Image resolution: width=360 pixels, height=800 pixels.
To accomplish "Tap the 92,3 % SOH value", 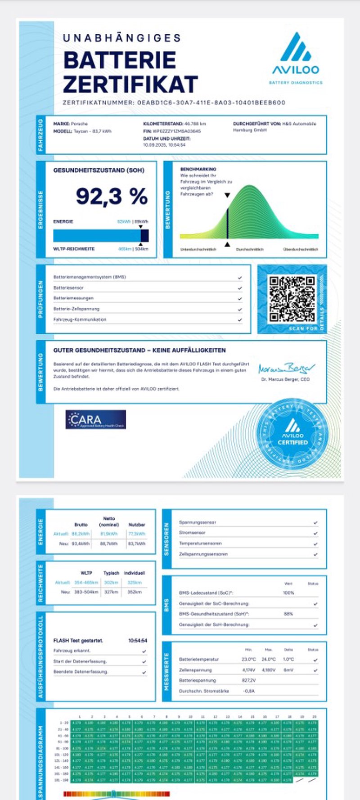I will [112, 196].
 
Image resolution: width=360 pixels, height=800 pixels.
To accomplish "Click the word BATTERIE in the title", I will [120, 60].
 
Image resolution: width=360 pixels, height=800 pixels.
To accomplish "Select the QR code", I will [292, 299].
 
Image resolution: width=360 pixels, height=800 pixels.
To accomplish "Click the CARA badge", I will [95, 419].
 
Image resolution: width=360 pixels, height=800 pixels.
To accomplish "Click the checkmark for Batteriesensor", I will [240, 288].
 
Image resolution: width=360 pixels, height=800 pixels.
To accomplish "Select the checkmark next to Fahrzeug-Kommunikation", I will [240, 320].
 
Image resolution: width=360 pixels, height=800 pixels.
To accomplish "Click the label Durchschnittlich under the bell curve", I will [250, 249].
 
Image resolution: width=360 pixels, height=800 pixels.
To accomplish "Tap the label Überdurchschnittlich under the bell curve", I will [301, 249].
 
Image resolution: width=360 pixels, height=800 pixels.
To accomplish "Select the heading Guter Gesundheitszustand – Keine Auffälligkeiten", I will [139, 350].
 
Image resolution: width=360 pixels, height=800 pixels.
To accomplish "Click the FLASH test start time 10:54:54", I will [138, 640].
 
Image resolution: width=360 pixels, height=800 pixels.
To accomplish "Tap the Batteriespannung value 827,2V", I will [249, 680].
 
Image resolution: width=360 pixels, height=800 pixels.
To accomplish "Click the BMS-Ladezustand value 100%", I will [288, 593].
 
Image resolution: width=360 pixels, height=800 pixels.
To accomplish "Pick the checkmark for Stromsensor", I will [315, 533].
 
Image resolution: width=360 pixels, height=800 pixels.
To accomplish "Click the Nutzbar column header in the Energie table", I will [137, 525].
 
